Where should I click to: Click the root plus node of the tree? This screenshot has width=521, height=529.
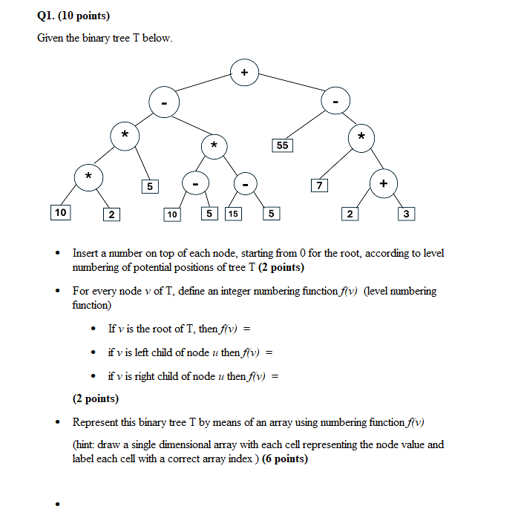[x=245, y=72]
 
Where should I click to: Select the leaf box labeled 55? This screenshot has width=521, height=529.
[x=282, y=145]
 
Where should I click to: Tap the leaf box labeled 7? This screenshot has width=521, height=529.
[x=319, y=185]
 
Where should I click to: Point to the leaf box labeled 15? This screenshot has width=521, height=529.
[x=233, y=214]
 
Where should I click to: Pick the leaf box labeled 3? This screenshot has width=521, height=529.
[x=406, y=214]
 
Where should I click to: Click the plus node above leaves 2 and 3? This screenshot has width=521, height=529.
[x=383, y=183]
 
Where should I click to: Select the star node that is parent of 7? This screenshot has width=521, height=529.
[x=361, y=137]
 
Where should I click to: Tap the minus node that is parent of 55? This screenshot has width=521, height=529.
[x=335, y=102]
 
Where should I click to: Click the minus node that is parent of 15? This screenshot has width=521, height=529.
[x=245, y=183]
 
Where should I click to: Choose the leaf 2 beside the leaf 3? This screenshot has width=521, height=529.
[x=349, y=214]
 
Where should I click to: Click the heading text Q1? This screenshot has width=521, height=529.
[x=45, y=16]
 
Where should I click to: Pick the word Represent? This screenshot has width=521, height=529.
[x=96, y=422]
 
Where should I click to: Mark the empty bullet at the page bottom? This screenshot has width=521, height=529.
[x=56, y=505]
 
